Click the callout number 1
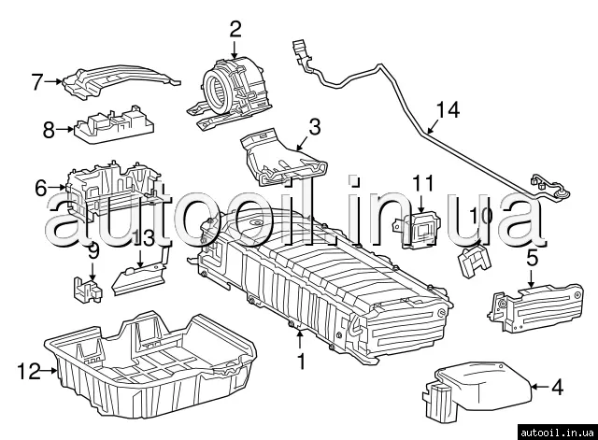(301, 359)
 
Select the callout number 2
(235, 29)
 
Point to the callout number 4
(558, 386)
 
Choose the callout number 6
(40, 188)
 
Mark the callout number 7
(37, 82)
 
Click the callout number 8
(49, 131)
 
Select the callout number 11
(424, 182)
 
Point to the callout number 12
(29, 372)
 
